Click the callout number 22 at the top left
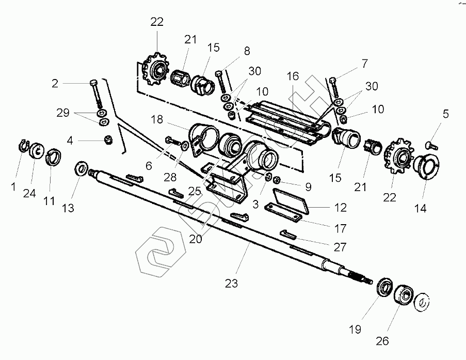point(156,22)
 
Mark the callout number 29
point(63,113)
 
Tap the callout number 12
point(340,209)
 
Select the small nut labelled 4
point(108,139)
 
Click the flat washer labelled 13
point(81,168)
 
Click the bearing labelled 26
point(404,298)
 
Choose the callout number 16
point(293,76)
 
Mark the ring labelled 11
point(54,156)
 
